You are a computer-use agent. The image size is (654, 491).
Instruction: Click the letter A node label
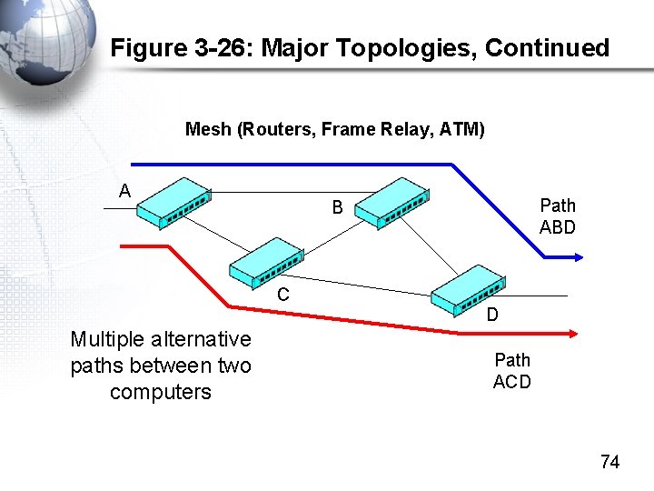point(125,190)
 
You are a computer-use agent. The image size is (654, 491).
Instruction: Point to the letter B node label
point(337,208)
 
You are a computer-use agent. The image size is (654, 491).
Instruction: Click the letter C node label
point(283,295)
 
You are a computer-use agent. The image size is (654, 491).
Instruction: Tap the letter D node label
point(491,316)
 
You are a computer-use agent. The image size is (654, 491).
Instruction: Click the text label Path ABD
point(557,216)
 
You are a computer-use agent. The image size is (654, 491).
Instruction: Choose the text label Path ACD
point(512,371)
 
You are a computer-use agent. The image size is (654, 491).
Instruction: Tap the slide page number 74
point(609,462)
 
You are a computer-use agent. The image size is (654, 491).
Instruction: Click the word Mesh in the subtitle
point(208,129)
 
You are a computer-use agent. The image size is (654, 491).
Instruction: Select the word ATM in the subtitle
point(461,129)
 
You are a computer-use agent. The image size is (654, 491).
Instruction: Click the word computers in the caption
point(161,392)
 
